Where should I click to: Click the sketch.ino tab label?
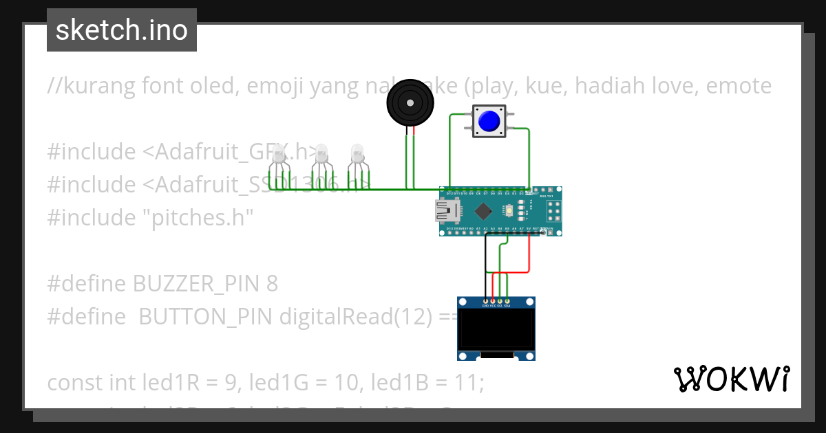point(122,30)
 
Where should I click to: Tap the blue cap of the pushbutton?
point(489,122)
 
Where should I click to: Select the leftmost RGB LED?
point(278,157)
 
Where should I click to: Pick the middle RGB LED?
point(321,157)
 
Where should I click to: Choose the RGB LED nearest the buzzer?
point(357,155)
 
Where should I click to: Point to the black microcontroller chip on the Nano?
point(479,212)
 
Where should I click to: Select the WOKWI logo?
point(731,379)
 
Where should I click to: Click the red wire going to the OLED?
point(529,254)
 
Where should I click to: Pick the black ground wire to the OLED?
point(485,268)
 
